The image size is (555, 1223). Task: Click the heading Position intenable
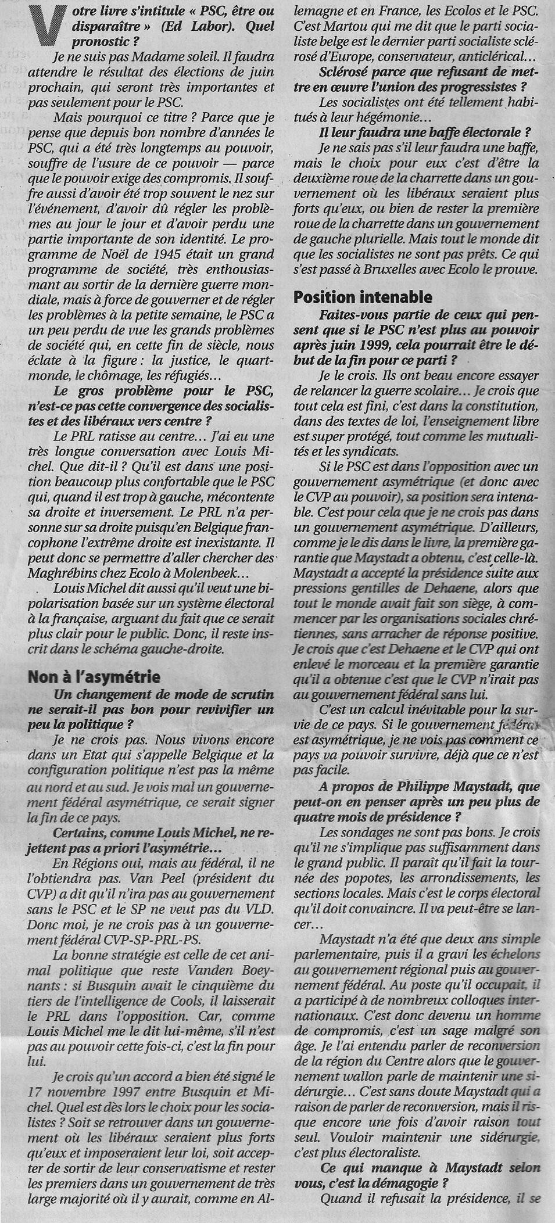click(363, 297)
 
